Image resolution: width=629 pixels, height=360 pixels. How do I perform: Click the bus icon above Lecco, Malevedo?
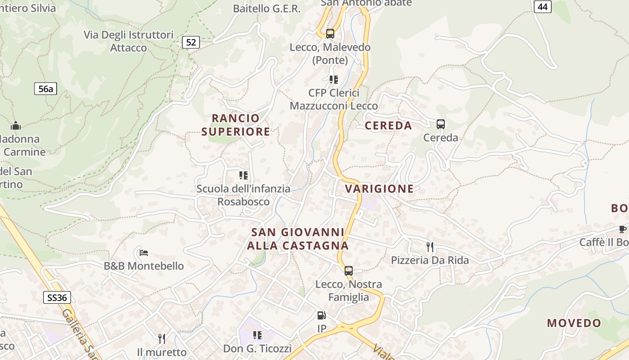330,33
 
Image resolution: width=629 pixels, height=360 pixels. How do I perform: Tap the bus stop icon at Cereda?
440,124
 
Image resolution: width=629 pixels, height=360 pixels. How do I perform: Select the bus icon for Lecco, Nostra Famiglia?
349,271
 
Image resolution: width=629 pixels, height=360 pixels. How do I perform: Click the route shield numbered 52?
191,42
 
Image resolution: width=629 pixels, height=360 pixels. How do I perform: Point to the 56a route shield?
45,89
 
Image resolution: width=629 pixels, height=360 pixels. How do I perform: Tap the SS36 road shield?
57,297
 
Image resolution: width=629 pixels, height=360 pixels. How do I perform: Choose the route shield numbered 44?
543,6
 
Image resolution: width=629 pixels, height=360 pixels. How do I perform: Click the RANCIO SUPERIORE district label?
236,125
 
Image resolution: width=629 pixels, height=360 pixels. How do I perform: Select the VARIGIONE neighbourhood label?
380,189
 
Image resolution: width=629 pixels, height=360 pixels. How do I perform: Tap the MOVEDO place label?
574,323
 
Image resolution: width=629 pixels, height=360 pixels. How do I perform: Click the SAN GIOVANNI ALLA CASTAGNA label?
298,239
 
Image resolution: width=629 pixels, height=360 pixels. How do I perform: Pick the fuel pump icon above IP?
321,315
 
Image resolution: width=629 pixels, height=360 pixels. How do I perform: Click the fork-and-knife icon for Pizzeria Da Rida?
430,247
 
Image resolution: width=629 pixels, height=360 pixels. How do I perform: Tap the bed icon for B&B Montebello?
144,252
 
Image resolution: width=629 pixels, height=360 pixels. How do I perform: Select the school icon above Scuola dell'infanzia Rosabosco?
244,175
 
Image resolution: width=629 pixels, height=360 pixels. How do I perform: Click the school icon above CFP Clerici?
333,80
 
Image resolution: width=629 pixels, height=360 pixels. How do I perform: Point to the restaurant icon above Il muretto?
162,338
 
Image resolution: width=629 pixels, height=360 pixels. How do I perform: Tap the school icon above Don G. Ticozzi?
257,335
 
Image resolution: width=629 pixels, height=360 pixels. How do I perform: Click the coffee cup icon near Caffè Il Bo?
623,229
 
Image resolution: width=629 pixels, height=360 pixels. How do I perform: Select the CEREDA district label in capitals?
388,126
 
